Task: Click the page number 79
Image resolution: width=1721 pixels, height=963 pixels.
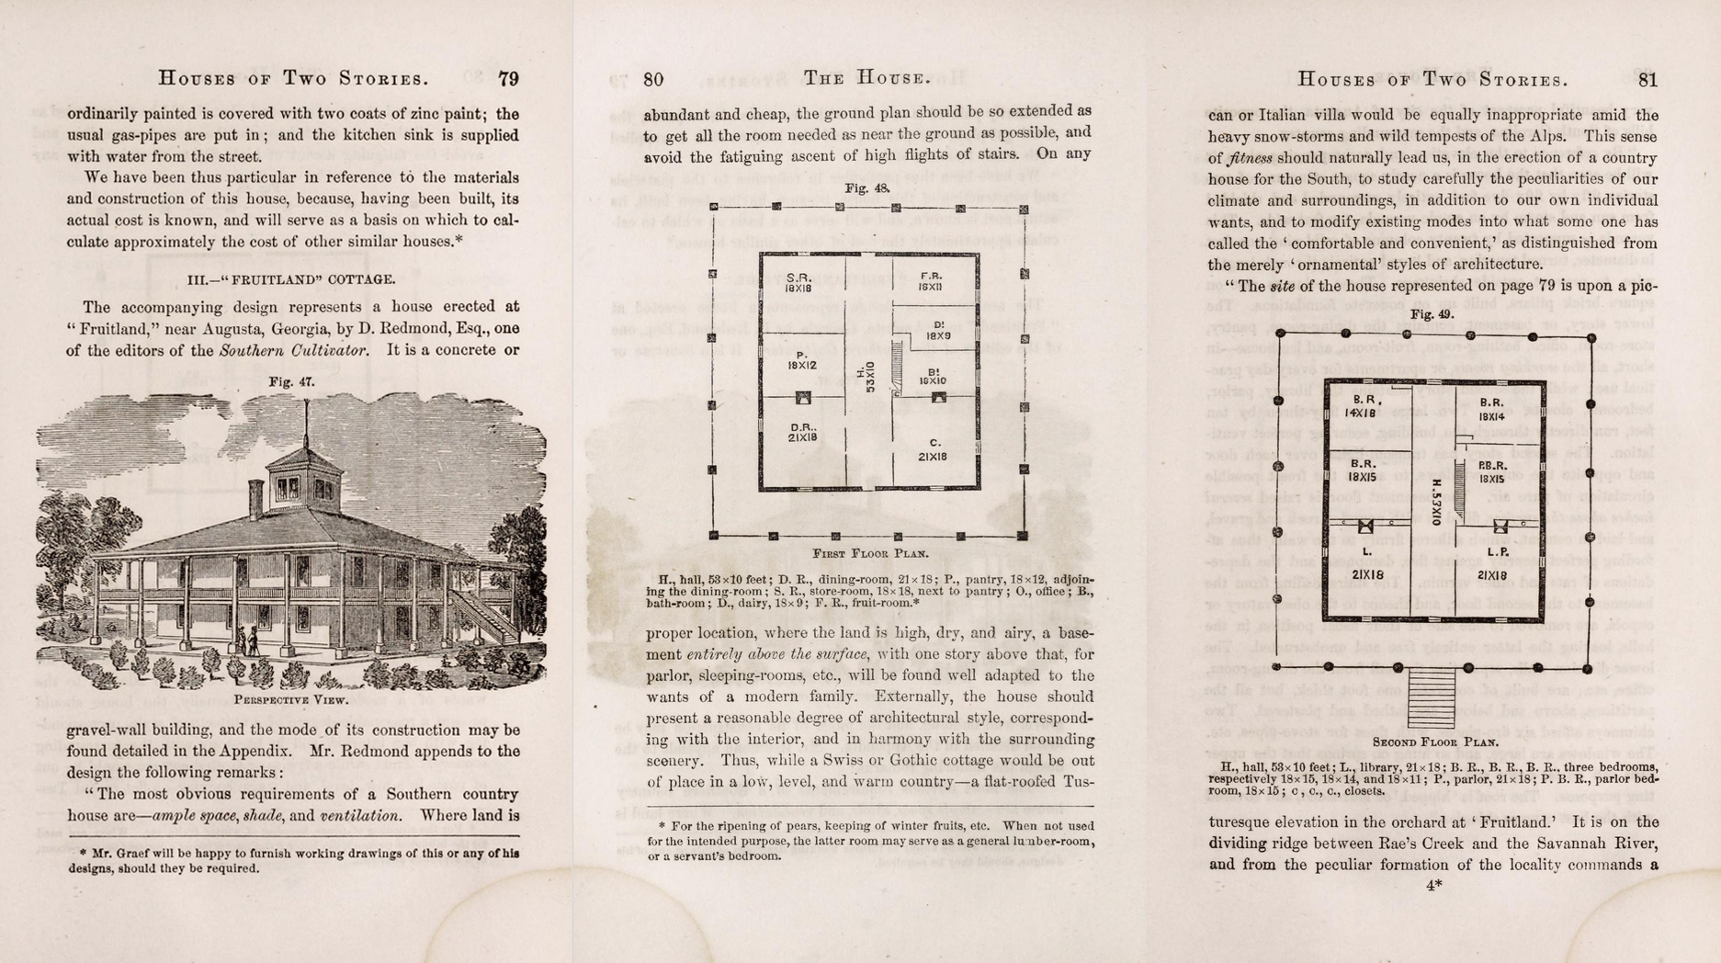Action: (508, 79)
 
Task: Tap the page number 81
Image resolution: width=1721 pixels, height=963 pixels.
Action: (1647, 80)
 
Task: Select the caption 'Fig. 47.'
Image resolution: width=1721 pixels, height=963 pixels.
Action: (291, 382)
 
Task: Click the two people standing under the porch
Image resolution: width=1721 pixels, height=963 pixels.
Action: (247, 640)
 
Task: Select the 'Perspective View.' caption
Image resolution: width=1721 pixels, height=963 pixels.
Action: (291, 699)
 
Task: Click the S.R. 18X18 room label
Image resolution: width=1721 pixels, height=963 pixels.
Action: (797, 282)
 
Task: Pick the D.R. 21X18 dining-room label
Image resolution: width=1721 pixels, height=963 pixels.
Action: (802, 433)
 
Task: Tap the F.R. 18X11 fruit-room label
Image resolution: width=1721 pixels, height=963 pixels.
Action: (931, 281)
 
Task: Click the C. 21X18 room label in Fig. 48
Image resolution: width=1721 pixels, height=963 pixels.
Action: (934, 449)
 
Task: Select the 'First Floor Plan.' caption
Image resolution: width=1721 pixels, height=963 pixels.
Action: (870, 554)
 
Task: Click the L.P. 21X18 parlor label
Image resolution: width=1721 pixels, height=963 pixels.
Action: (1492, 563)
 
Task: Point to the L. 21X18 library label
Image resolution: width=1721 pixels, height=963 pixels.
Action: (1367, 563)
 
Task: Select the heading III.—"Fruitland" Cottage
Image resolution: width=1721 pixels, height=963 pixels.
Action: (291, 279)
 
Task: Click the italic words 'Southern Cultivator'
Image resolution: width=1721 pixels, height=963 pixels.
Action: (294, 350)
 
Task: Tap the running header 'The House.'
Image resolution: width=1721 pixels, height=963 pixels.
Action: (866, 78)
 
